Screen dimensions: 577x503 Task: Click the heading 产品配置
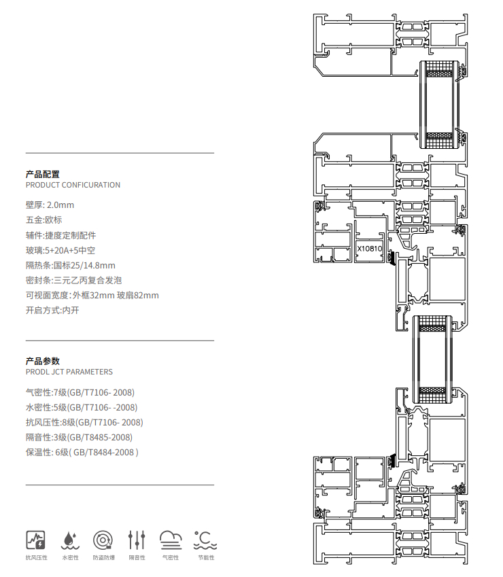(x=43, y=174)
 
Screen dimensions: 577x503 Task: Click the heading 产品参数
(x=43, y=361)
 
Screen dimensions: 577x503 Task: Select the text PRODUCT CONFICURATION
(x=73, y=185)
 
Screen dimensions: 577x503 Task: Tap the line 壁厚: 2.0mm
(x=50, y=205)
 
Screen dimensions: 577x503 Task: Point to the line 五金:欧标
(x=44, y=220)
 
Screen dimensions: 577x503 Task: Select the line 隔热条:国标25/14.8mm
(x=71, y=265)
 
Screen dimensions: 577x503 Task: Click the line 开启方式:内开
(x=52, y=311)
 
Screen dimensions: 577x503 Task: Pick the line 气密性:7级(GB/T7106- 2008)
(x=80, y=392)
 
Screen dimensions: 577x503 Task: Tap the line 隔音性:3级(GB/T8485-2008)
(x=79, y=437)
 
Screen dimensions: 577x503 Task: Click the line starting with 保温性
(x=82, y=452)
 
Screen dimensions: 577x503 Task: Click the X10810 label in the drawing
(x=369, y=248)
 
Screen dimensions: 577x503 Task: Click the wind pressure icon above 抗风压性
(x=36, y=540)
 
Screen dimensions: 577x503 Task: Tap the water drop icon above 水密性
(x=70, y=540)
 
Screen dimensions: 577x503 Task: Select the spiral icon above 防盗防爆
(x=103, y=540)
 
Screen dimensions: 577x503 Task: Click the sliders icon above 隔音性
(x=137, y=540)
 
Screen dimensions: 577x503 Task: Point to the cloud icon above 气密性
(x=171, y=540)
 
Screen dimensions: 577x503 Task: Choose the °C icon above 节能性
(x=205, y=540)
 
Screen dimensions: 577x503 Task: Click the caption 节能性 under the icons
(x=206, y=558)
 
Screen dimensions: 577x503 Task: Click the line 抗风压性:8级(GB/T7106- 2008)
(x=84, y=422)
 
